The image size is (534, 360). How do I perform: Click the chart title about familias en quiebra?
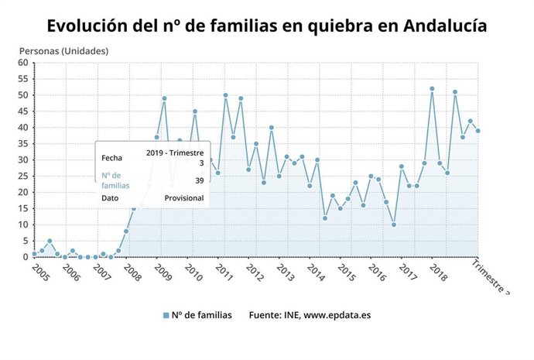point(267,26)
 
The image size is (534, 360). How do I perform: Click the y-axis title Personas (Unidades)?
point(63,51)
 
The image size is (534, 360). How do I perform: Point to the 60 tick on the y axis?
point(23,63)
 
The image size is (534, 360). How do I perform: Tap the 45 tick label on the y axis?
point(23,111)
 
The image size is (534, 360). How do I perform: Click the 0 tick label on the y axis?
point(26,257)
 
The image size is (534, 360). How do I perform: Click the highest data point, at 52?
point(432,88)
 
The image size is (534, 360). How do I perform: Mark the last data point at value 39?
point(478,131)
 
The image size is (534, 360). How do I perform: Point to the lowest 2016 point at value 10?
point(394,225)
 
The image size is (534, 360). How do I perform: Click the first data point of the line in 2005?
point(34,254)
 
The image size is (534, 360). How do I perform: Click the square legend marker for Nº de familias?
point(166,315)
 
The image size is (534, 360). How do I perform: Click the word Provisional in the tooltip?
point(184,198)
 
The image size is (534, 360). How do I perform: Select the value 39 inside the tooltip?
point(199,180)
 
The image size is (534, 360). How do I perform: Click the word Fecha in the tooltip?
point(111,158)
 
